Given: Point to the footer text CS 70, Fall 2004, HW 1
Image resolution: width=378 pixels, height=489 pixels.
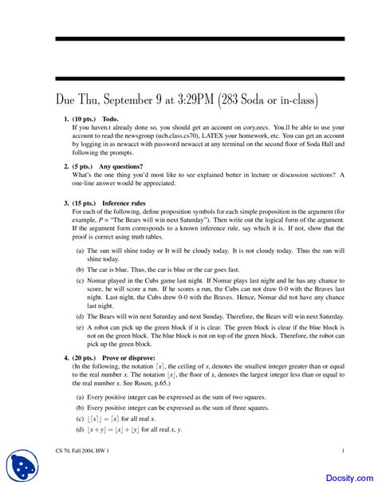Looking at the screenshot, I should (84, 451).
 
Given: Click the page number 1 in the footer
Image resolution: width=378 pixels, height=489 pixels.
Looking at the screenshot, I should (342, 451).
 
